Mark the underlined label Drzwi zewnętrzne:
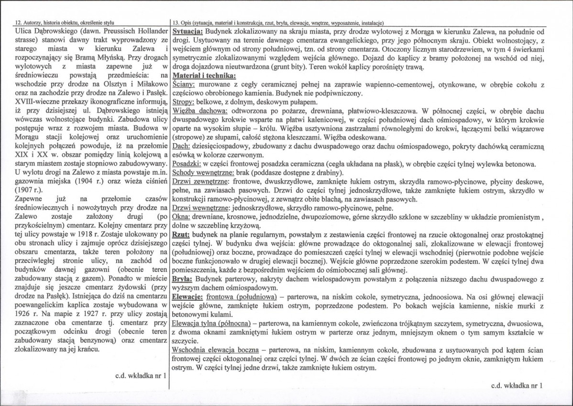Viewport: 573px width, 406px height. [x=198, y=181]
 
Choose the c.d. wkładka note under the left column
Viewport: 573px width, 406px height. [x=141, y=376]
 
